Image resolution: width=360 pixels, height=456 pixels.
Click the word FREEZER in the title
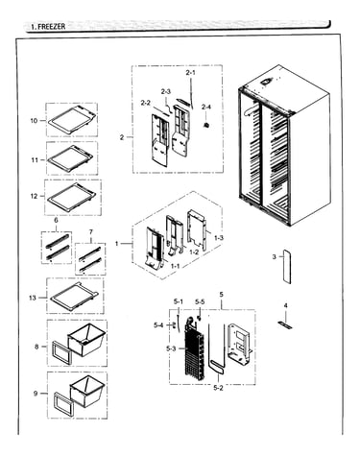[52, 27]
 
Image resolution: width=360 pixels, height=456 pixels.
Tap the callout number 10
[34, 121]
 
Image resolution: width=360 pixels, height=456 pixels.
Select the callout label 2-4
[206, 107]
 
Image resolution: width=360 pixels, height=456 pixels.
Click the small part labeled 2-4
[206, 125]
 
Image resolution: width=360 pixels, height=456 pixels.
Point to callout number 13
[33, 298]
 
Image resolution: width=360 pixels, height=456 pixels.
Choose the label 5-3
[171, 348]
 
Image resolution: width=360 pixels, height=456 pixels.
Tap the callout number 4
[286, 305]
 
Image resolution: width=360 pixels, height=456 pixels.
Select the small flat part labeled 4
[285, 325]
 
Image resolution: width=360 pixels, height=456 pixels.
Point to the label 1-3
[219, 238]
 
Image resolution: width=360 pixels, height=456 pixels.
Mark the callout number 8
[36, 347]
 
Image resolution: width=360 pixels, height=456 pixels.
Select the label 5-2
[218, 388]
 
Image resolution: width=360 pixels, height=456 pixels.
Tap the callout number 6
[57, 220]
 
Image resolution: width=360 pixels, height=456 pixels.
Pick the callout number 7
[91, 231]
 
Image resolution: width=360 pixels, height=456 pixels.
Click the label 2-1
[190, 73]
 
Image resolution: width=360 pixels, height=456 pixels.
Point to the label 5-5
[200, 301]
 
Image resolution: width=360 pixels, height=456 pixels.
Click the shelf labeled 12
[72, 196]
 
